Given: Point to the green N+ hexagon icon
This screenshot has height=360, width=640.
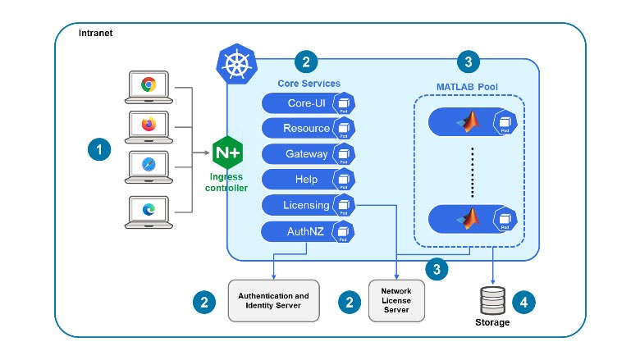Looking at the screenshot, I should click(x=226, y=153).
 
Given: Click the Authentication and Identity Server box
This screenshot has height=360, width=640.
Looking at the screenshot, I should click(x=273, y=301).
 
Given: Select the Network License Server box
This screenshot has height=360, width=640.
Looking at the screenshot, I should click(x=396, y=300).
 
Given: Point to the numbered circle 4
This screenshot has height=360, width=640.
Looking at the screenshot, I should click(x=526, y=301).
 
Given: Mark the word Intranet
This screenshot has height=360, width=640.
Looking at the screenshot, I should click(x=95, y=33).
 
